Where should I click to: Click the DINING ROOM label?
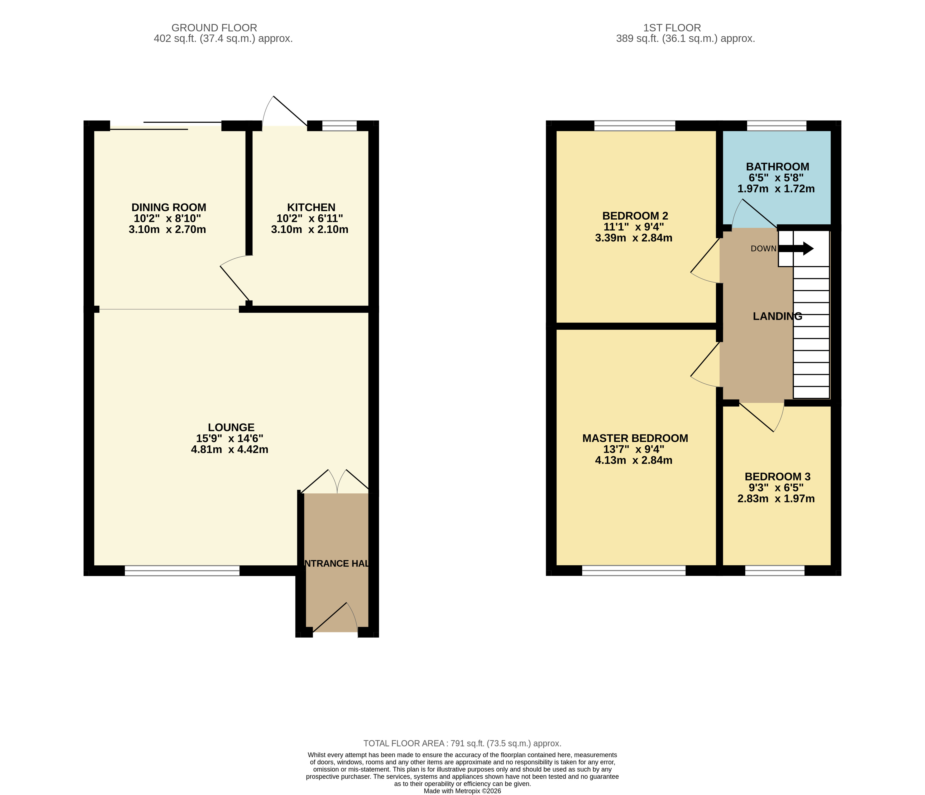coord(169,208)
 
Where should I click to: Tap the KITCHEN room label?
coord(311,208)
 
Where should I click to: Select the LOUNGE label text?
coord(231,427)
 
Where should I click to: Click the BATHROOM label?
coord(778,167)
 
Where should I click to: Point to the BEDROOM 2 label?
coord(635,216)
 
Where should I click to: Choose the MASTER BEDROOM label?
coord(635,438)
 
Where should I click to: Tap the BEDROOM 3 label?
coord(778,477)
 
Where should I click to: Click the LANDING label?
coord(778,316)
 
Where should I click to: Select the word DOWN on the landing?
coord(763,249)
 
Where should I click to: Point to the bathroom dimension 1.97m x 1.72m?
coord(776,189)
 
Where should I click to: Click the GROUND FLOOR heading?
coord(214,28)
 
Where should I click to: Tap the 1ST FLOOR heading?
coord(672,28)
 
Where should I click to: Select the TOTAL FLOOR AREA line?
coord(463,743)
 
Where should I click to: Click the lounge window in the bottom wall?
coord(182,570)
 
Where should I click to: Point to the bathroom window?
coord(777,126)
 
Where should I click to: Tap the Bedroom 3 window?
coord(775,570)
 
